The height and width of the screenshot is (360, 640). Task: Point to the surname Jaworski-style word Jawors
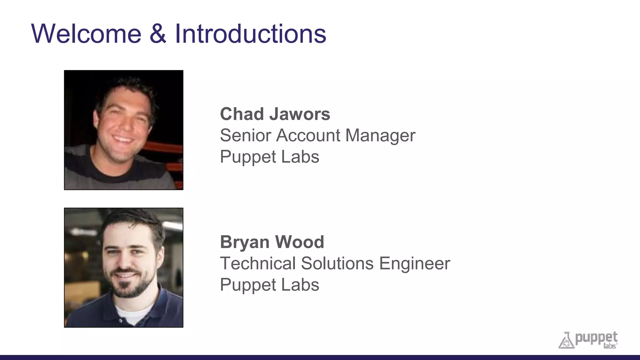[300, 114]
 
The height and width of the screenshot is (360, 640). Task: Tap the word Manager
[380, 135]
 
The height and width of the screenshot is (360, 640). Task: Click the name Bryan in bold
[245, 242]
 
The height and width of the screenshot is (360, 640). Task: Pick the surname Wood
[299, 242]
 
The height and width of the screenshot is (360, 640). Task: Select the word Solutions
[337, 263]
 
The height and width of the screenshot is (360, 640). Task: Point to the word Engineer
[415, 263]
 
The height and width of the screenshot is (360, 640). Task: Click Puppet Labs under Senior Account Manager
[269, 157]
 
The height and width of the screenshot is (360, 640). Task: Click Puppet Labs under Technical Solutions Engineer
[269, 285]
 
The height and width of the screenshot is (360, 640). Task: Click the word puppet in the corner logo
[596, 338]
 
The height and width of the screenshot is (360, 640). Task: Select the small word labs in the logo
[609, 346]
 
